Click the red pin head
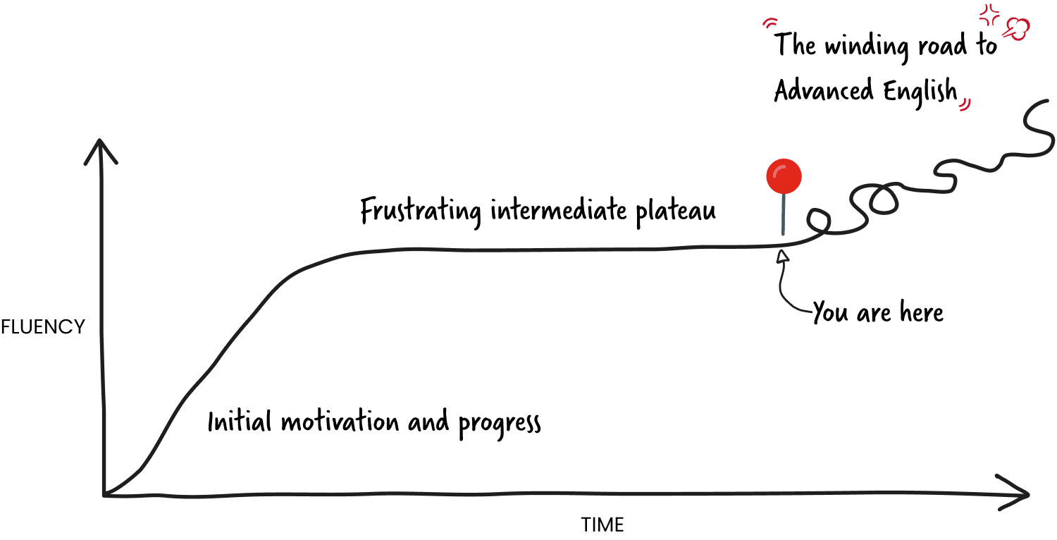click(x=784, y=176)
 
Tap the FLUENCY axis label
click(x=42, y=327)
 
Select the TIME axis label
click(x=602, y=524)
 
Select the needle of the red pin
click(x=783, y=214)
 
